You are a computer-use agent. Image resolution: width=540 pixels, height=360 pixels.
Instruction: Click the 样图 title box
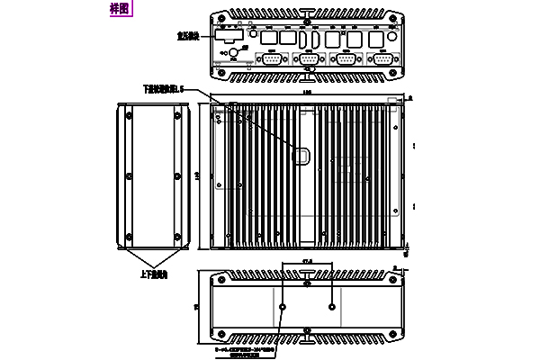[118, 9]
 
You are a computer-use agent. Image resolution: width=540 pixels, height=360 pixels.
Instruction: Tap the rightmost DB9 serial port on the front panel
[383, 59]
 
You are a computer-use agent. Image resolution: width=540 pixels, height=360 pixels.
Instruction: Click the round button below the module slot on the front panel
[233, 53]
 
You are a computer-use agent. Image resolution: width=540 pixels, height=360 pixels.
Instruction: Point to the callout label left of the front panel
[188, 37]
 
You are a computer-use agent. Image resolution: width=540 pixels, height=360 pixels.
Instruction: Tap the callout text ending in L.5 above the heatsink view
[163, 89]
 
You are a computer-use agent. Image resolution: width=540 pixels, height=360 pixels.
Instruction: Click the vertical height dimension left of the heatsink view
[198, 175]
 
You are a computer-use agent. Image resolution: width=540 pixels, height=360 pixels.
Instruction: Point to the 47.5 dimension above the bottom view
[308, 261]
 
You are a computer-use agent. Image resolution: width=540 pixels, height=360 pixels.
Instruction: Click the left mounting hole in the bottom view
[283, 307]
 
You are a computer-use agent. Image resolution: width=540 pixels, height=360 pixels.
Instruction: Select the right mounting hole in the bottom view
[332, 307]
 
